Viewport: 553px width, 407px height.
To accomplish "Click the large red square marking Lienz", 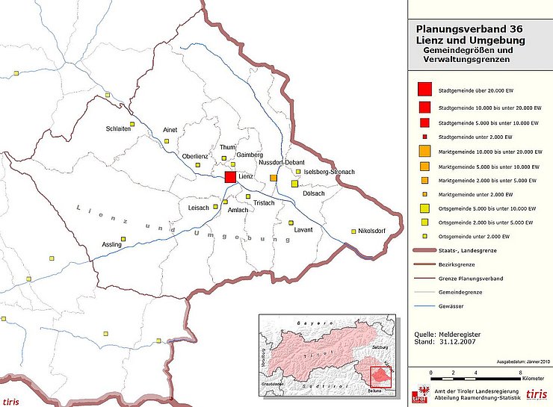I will (230, 176).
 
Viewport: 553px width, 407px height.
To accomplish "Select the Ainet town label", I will (170, 130).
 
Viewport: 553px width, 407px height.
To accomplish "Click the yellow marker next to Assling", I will (124, 239).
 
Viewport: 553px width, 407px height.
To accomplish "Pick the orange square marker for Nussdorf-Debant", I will (274, 178).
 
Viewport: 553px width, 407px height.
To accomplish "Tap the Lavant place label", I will (303, 229).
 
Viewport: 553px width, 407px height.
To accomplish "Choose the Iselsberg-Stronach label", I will (330, 172).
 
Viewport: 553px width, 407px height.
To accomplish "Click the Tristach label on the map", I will (265, 203).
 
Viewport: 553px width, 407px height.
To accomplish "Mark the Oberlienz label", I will (196, 156).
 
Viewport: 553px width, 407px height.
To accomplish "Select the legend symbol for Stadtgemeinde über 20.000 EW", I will (424, 90).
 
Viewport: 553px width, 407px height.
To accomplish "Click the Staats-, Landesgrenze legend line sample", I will (429, 252).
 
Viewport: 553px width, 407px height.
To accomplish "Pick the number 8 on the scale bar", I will (520, 372).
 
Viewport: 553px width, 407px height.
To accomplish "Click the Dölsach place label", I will (314, 193).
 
